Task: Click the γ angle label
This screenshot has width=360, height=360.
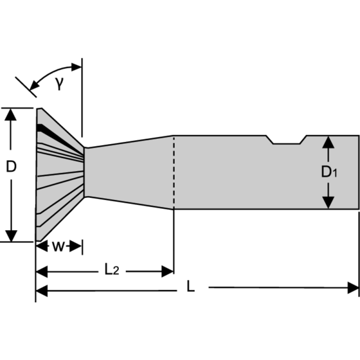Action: coord(59,84)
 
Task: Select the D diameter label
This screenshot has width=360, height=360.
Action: coord(11,167)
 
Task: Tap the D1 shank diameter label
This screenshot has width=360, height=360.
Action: coord(329,172)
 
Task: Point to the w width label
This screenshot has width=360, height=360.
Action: coord(58,247)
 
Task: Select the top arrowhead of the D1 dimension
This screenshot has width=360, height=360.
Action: coord(329,143)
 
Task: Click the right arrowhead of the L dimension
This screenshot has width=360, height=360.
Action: coord(353,288)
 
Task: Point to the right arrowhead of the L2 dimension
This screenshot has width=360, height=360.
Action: coord(168,271)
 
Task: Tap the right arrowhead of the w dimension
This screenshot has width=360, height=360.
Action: coord(77,246)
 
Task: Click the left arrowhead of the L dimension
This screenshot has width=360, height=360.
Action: coord(42,291)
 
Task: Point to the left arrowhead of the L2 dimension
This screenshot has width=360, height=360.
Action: coord(42,271)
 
